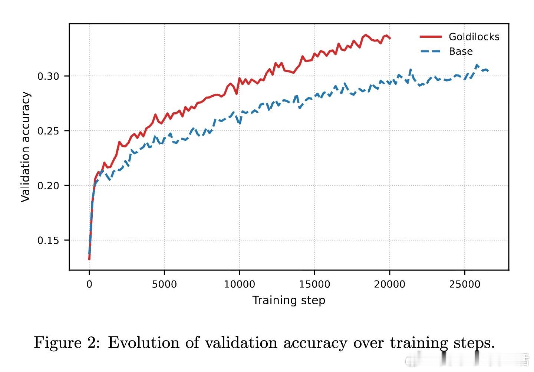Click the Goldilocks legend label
pyautogui.click(x=474, y=37)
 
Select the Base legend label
pyautogui.click(x=461, y=52)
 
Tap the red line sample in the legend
pyautogui.click(x=431, y=37)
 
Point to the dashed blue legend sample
pyautogui.click(x=431, y=52)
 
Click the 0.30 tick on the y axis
pyautogui.click(x=48, y=76)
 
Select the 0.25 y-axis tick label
pyautogui.click(x=48, y=131)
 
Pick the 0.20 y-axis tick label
pyautogui.click(x=48, y=186)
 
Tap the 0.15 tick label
pyautogui.click(x=48, y=240)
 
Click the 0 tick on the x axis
pyautogui.click(x=89, y=285)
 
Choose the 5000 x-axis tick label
pyautogui.click(x=164, y=285)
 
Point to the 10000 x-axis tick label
pyautogui.click(x=239, y=285)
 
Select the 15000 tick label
pyautogui.click(x=314, y=285)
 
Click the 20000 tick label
pyautogui.click(x=389, y=285)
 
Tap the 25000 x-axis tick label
pyautogui.click(x=465, y=285)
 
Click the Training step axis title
pyautogui.click(x=289, y=300)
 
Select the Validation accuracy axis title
pyautogui.click(x=25, y=147)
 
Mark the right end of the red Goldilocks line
pyautogui.click(x=390, y=38)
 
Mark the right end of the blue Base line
pyautogui.click(x=488, y=70)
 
